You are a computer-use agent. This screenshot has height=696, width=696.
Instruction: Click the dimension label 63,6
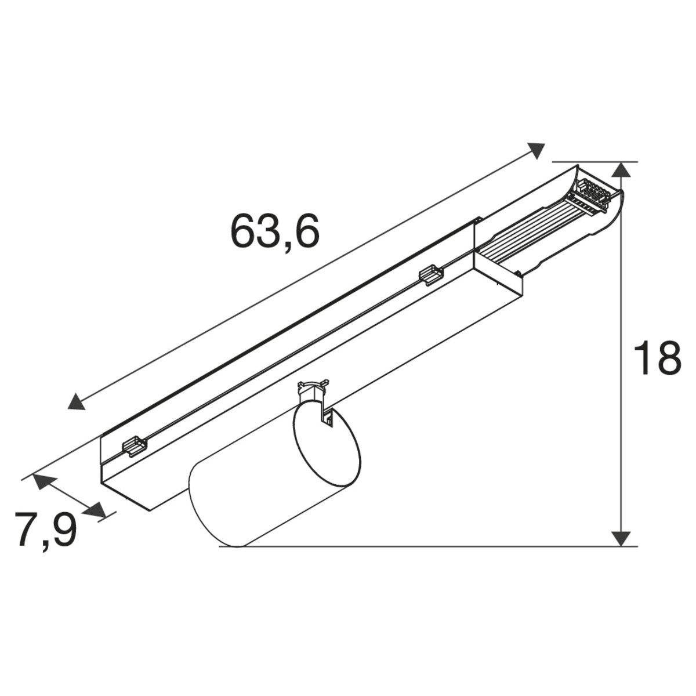[x=275, y=232]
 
